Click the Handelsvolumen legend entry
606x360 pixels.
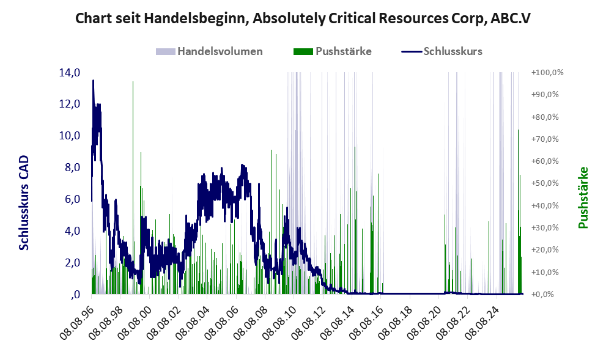coord(209,51)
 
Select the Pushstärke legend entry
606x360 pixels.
coord(333,51)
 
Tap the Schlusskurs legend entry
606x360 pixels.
coord(442,51)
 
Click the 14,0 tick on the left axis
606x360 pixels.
coord(70,73)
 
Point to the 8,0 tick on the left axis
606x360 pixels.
coord(72,167)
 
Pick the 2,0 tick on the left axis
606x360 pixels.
coord(72,263)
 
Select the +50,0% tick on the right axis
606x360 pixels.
coord(545,183)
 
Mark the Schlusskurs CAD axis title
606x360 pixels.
coord(24,203)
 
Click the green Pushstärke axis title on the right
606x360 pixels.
coord(583,197)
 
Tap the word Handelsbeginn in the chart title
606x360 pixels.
coord(196,18)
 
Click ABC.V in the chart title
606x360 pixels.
coord(511,18)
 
